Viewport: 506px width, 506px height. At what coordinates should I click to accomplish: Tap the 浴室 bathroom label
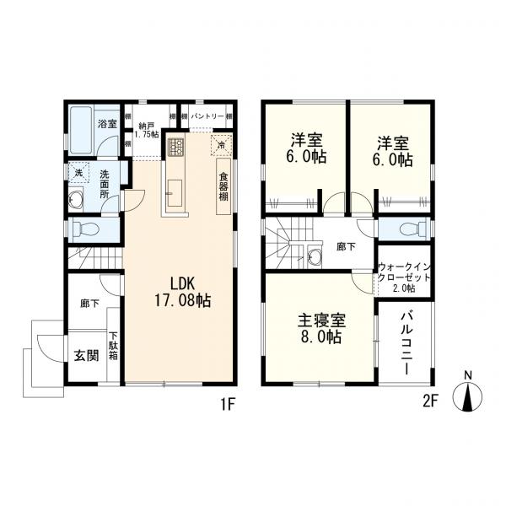coord(106,124)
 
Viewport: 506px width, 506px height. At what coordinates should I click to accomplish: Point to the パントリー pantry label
coord(207,115)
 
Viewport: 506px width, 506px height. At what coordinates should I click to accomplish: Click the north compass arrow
coord(467,396)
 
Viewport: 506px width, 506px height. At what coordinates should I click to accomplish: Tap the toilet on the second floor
coord(407,227)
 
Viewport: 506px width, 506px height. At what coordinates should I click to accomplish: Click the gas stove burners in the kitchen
coord(176,148)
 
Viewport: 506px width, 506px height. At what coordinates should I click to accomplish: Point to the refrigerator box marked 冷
coord(221,144)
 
